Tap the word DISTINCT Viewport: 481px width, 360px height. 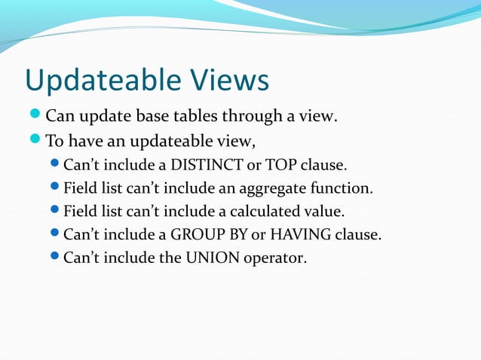point(202,163)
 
